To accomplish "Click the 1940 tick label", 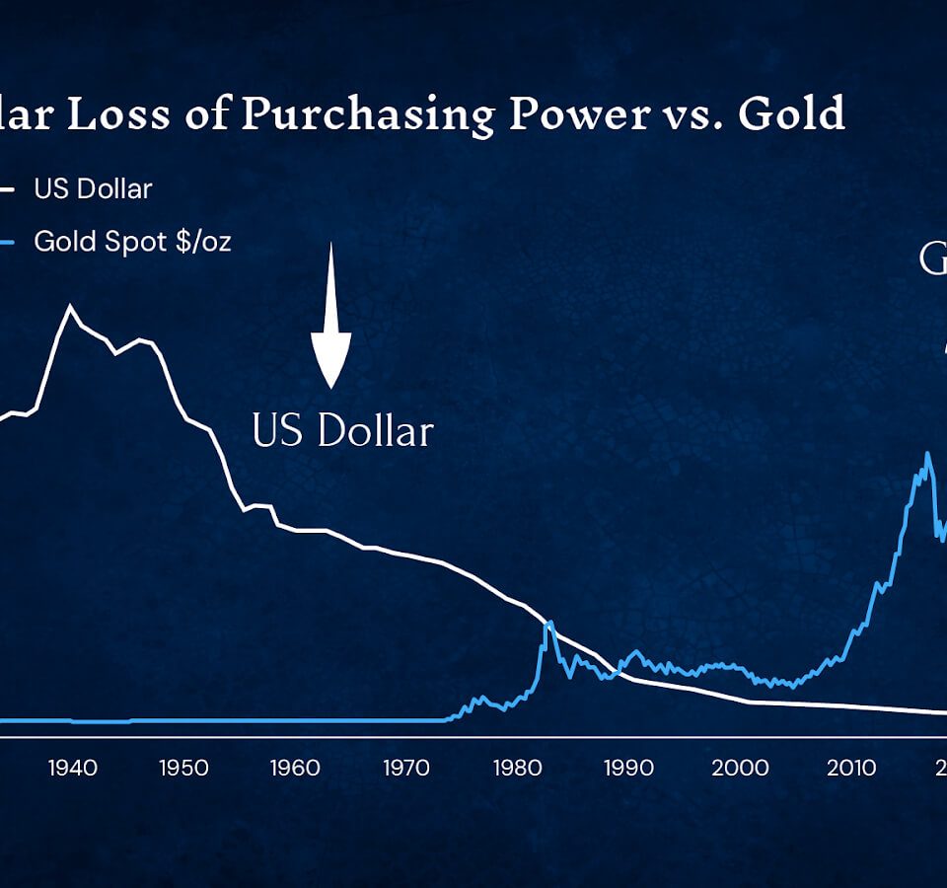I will click(71, 768).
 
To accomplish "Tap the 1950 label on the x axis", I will click(184, 768).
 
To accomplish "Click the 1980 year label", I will click(517, 768).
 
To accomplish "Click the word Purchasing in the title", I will click(367, 116).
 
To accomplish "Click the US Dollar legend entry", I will click(93, 188).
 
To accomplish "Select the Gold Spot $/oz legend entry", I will click(132, 241).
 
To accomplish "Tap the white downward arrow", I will click(330, 326).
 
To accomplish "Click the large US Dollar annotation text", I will click(342, 432).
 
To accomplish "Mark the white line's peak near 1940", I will click(70, 307).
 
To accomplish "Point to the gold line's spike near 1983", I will click(548, 623).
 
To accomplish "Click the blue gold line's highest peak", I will click(927, 454).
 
